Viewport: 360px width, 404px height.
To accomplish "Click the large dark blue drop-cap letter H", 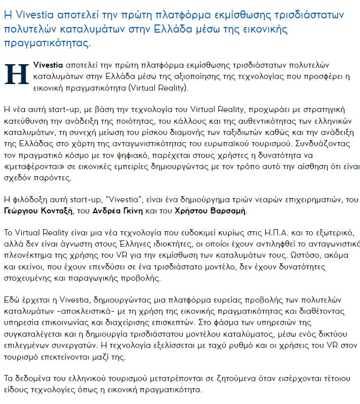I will pyautogui.click(x=15, y=74).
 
